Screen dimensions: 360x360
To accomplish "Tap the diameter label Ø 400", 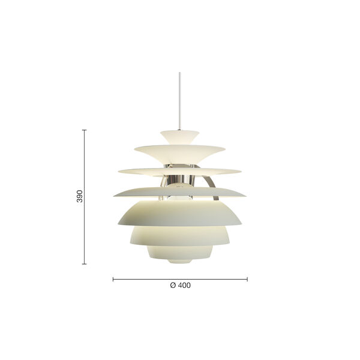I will (180, 286).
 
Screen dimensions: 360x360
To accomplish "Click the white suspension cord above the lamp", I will (180, 96).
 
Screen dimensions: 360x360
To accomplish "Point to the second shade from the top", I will (180, 148).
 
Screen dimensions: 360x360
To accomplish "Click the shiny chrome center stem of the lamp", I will (180, 176).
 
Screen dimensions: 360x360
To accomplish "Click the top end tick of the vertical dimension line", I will (84, 130).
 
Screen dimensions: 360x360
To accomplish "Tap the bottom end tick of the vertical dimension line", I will (84, 264).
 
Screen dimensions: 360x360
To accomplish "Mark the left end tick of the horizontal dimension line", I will (113, 278).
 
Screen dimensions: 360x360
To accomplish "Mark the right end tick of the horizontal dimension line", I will (247, 278).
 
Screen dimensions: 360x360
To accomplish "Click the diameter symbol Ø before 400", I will (173, 286).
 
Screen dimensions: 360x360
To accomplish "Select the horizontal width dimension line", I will (180, 278).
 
